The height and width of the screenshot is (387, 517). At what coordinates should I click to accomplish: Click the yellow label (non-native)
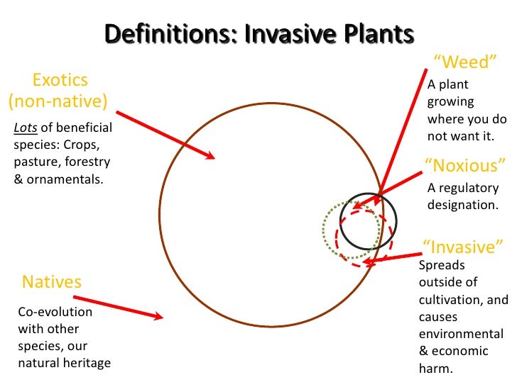point(58,101)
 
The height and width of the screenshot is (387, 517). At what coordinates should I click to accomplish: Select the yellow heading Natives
point(52,282)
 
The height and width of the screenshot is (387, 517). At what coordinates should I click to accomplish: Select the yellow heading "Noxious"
point(465,166)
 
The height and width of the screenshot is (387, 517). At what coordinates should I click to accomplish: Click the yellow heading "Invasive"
point(463,247)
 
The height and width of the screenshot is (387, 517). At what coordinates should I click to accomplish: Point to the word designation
point(462,205)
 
